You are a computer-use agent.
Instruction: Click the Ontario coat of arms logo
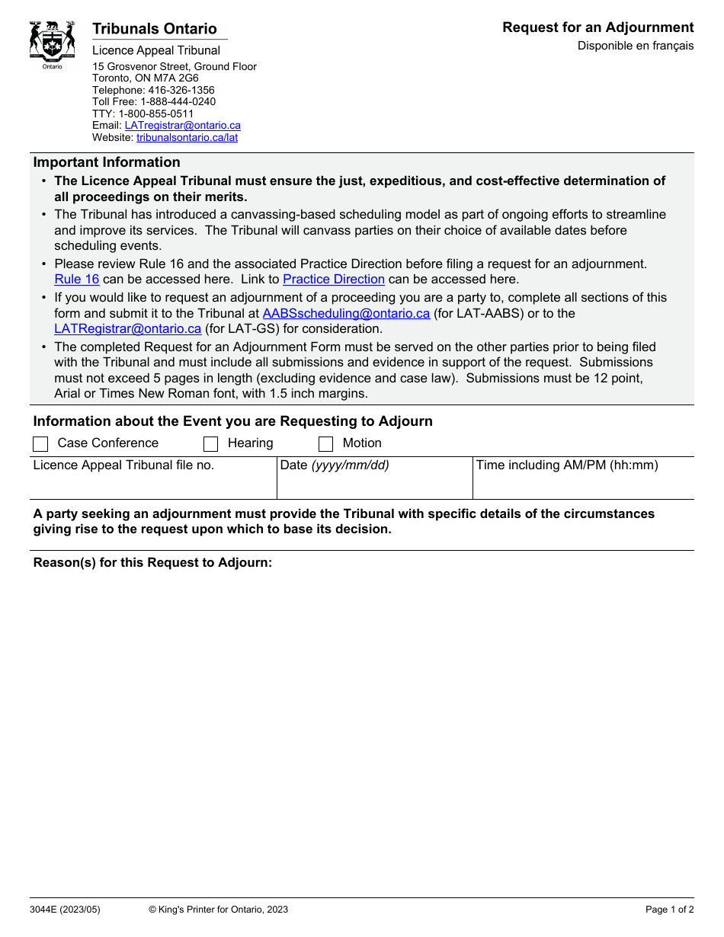(x=52, y=43)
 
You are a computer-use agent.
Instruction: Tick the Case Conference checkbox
(x=41, y=444)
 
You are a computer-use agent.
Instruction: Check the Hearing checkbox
(x=211, y=444)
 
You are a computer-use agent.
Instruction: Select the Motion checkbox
(x=325, y=444)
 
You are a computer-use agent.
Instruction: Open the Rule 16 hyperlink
(x=77, y=280)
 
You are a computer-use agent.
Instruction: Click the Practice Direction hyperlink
(x=333, y=280)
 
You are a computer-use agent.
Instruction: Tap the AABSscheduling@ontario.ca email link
(x=346, y=313)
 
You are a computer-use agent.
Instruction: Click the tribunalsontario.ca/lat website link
(x=187, y=138)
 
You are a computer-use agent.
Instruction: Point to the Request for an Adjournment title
(x=597, y=27)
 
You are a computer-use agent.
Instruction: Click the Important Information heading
(x=107, y=162)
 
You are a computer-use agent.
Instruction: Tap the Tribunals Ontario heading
(x=155, y=29)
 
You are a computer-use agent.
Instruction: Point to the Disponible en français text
(x=635, y=46)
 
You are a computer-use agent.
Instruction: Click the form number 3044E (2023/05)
(x=65, y=910)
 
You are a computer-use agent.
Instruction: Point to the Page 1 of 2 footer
(x=669, y=910)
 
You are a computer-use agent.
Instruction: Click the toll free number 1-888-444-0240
(x=178, y=101)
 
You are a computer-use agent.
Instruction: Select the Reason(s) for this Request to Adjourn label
(x=152, y=563)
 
